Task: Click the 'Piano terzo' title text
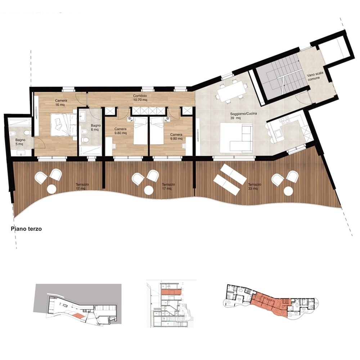tap(26, 229)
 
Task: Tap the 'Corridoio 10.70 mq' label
tap(140, 98)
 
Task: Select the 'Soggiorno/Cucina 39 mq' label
tap(243, 116)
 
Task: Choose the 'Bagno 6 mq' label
tap(95, 127)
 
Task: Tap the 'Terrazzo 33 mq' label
tap(255, 186)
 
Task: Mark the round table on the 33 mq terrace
tap(288, 191)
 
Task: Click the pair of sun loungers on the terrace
tap(230, 176)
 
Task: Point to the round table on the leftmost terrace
tap(51, 189)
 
